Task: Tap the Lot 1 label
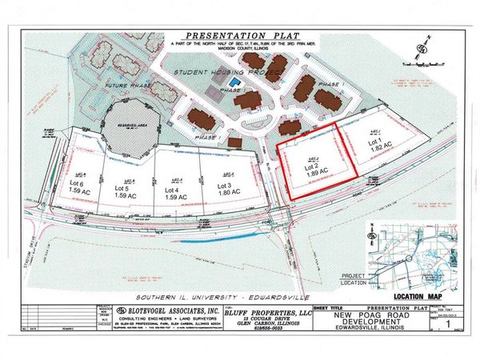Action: click(374, 142)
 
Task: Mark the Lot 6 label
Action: click(80, 183)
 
